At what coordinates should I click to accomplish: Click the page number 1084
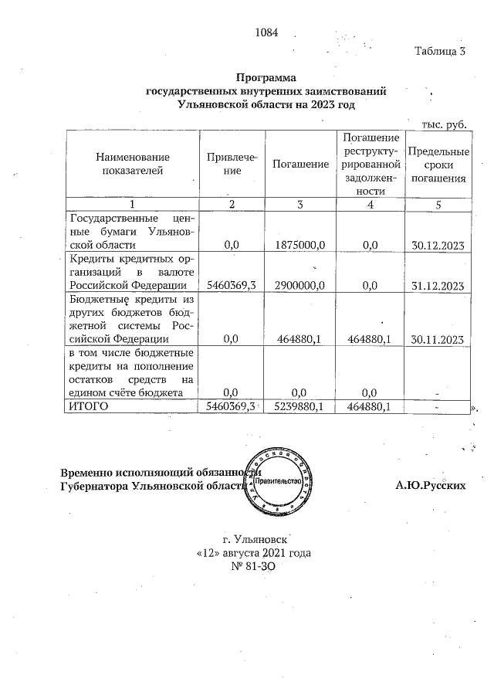265,33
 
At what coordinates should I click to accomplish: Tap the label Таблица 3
440,52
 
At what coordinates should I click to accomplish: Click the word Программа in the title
266,78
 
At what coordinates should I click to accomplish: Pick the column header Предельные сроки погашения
438,164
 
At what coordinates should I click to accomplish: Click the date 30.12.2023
438,245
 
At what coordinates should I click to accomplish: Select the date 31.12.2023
438,285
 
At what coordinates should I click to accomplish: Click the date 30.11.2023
438,338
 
